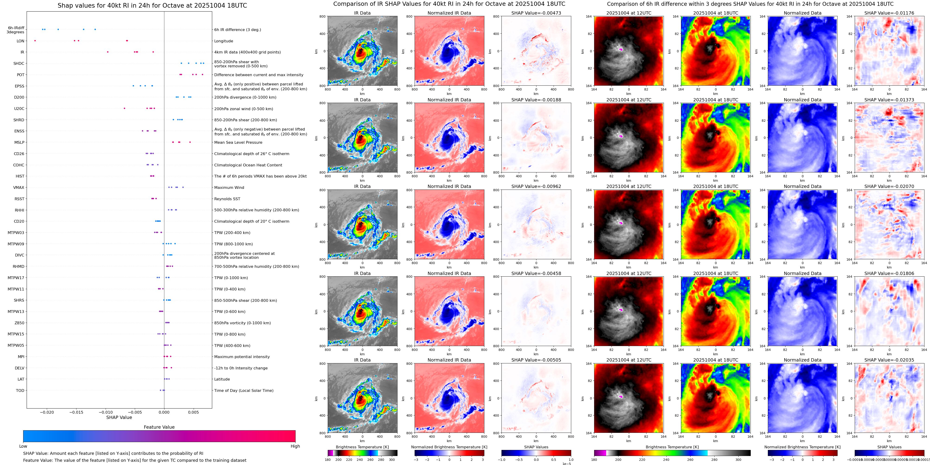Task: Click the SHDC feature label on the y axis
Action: coord(19,63)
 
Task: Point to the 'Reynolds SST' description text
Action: coord(227,199)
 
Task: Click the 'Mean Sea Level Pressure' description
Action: coord(238,143)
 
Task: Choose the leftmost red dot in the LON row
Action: coord(35,41)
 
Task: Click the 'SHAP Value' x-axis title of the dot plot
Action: coord(119,417)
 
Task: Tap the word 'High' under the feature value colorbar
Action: coord(295,446)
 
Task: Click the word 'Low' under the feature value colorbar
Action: coord(23,446)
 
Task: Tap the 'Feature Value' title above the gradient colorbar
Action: coord(159,427)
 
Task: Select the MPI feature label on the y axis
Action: coord(21,357)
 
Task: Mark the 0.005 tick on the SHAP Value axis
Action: coord(193,412)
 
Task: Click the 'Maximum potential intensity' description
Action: coord(242,357)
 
